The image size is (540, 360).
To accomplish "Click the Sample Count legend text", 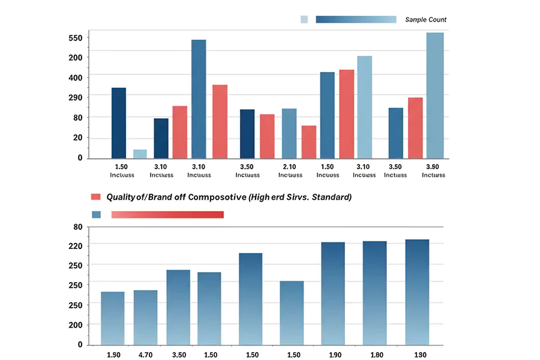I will coord(425,20).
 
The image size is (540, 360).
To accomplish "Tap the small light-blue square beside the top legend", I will coord(304,19).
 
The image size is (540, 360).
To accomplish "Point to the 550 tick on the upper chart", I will coord(75,38).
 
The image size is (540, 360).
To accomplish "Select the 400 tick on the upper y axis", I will coord(75,77).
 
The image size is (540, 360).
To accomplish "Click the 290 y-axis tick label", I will coord(75,97).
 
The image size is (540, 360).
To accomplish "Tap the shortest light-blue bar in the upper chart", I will coord(140,154).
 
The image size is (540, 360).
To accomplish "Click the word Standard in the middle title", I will coord(332,197).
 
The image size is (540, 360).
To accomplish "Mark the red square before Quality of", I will coord(95,197).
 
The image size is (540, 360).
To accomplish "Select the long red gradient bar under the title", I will coord(167,214).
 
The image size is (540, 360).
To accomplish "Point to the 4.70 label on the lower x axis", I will coord(146,355).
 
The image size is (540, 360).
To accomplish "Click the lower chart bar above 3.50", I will coord(178,307).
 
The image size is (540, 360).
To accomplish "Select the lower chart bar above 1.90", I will coord(333,293).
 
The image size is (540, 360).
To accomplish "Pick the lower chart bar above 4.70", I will coord(146,317).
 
